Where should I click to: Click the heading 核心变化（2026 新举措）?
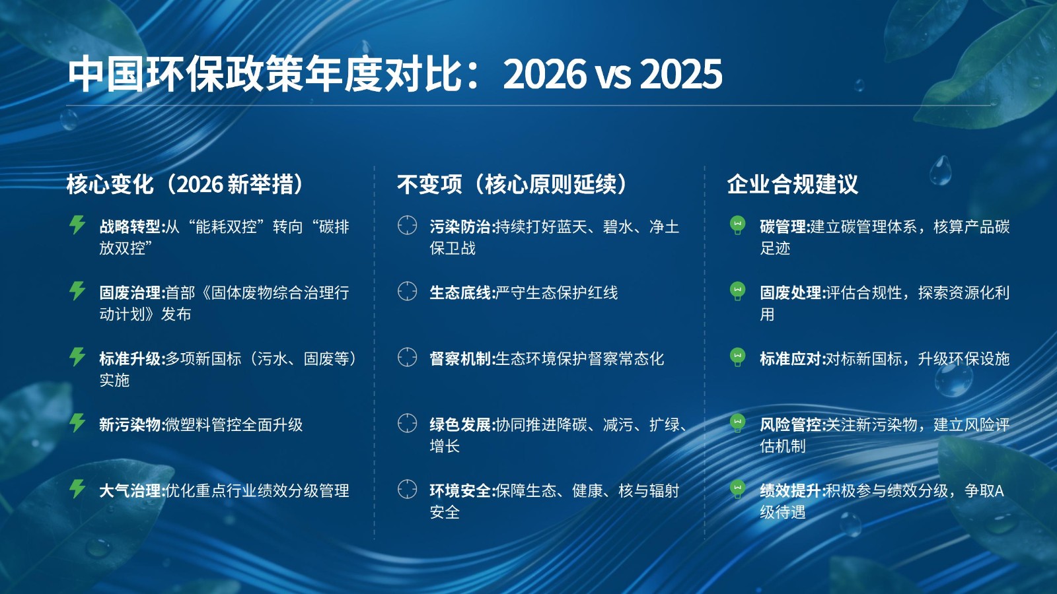coord(184,184)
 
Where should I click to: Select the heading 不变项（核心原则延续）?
coord(511,184)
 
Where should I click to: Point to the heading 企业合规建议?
coord(792,184)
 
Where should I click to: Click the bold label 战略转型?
coord(130,227)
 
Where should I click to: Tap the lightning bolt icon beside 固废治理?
coord(77,290)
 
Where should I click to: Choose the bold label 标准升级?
coord(130,359)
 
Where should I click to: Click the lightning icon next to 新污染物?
coord(77,422)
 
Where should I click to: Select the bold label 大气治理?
coord(130,491)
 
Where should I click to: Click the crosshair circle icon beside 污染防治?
coord(407,225)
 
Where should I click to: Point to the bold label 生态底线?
coord(460,293)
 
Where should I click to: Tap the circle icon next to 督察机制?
coord(407,357)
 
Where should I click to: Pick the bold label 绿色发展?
coord(460,425)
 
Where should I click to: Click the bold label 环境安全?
coord(460,491)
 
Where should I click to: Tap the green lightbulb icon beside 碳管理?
coord(737,225)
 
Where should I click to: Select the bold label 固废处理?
coord(791,293)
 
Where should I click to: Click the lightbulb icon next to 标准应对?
coord(737,357)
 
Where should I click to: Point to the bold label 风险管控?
coord(791,425)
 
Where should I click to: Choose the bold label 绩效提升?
coord(791,491)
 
